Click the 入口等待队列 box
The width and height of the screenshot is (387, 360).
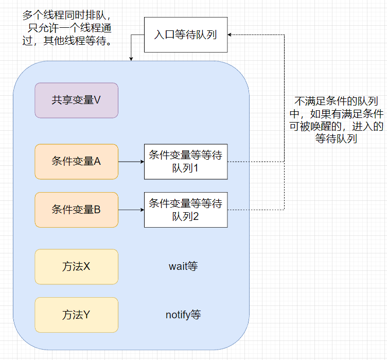[185, 35]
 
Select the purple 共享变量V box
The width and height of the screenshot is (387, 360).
[76, 100]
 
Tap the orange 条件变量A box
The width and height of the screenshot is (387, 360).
[76, 162]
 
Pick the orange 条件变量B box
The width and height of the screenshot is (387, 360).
[76, 210]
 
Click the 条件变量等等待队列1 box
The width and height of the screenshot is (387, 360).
[185, 162]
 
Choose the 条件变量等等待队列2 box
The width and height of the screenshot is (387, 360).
[185, 210]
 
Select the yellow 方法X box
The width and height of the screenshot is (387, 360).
[76, 267]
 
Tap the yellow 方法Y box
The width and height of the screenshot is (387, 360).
[76, 315]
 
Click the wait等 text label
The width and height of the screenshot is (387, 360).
[183, 267]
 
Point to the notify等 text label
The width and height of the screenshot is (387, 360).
[183, 315]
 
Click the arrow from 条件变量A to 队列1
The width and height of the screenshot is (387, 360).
[131, 162]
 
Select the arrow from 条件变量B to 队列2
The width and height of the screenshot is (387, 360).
[131, 210]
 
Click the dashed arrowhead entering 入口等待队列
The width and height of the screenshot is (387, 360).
[231, 35]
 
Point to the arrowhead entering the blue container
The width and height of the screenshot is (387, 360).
[131, 58]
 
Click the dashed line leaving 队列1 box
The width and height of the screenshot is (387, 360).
[255, 162]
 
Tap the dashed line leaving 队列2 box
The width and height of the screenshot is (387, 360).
[255, 210]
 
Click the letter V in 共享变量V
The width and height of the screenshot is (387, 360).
[97, 100]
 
